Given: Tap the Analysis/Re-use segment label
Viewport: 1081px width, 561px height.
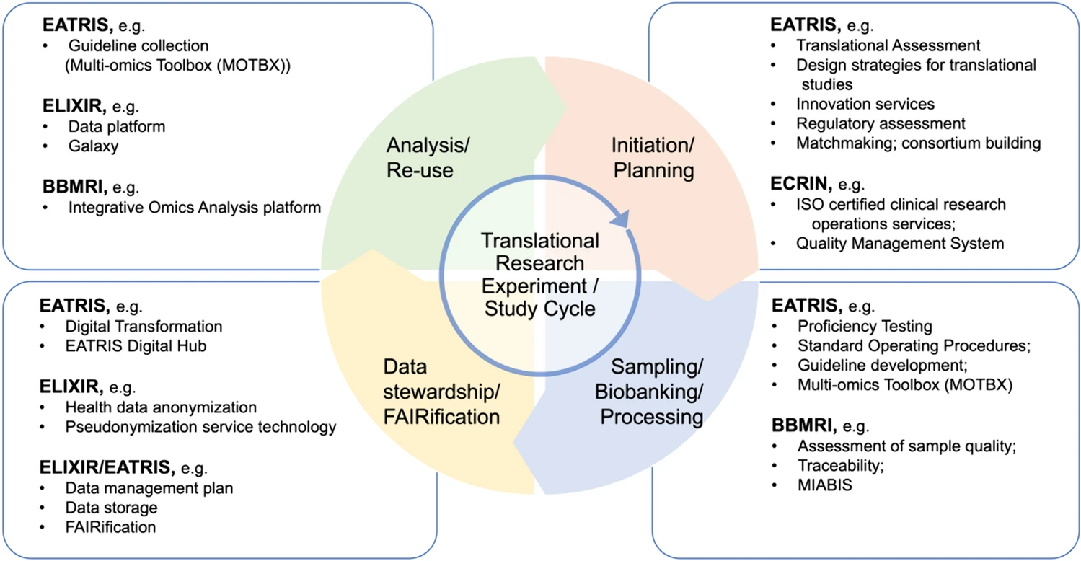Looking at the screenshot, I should [x=428, y=157].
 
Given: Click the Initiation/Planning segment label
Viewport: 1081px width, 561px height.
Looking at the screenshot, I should [x=652, y=157].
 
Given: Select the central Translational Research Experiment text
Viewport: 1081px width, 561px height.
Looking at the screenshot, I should [x=540, y=275].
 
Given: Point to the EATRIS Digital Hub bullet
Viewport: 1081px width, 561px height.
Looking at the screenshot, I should [x=136, y=346].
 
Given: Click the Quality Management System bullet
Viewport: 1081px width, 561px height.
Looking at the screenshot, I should [x=899, y=244].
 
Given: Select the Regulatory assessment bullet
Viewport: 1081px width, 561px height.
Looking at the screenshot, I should [x=881, y=123].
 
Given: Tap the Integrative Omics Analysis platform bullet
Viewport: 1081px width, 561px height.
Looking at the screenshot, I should [x=194, y=208].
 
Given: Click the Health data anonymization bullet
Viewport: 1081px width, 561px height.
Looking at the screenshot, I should [x=161, y=407].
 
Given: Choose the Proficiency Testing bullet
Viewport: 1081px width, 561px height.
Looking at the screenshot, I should [x=865, y=326].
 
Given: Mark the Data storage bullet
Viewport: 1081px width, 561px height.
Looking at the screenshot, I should [x=111, y=508].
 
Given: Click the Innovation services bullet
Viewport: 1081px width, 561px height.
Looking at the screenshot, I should [x=865, y=104].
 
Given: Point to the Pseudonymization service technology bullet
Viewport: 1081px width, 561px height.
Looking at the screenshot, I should [x=200, y=427].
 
